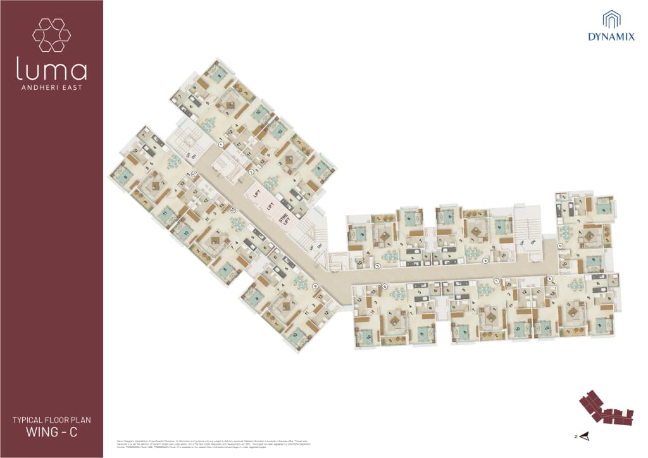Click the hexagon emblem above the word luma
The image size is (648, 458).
(x=51, y=35)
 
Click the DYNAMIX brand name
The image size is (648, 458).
(x=611, y=37)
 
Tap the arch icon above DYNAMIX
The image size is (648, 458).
(x=611, y=19)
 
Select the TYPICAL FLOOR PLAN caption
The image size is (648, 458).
(x=52, y=420)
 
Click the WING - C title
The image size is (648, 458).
(x=52, y=433)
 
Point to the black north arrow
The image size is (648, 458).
(x=585, y=435)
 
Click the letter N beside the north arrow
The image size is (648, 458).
(x=576, y=436)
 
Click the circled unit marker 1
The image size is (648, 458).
(x=221, y=145)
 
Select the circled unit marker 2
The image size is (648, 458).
(x=251, y=171)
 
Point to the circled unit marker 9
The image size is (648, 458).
(x=315, y=285)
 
